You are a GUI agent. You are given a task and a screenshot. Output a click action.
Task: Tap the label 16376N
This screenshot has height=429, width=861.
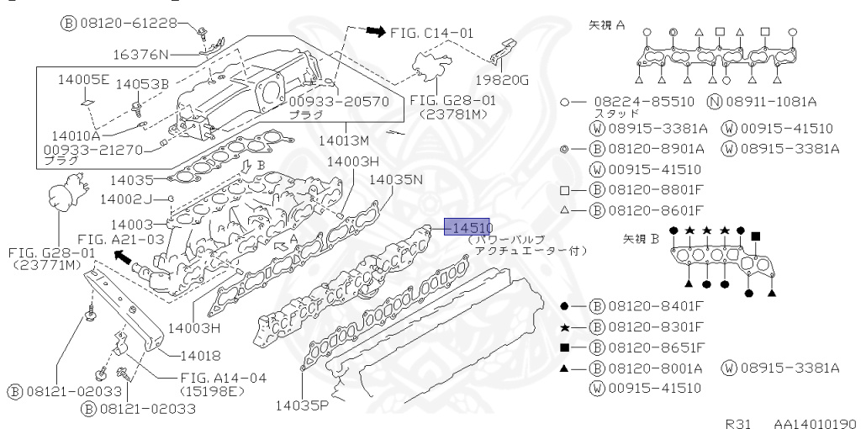(x=140, y=56)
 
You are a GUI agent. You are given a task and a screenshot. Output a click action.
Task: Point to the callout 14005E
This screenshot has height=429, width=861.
(x=83, y=81)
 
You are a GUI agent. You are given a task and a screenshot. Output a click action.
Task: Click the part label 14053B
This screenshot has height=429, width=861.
(x=141, y=84)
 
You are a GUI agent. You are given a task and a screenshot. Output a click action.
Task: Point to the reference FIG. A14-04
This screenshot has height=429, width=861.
(x=223, y=378)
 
